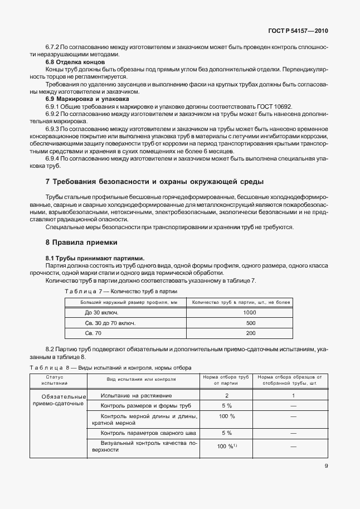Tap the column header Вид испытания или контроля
pos(141,379)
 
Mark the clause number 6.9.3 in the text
pos(52,128)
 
